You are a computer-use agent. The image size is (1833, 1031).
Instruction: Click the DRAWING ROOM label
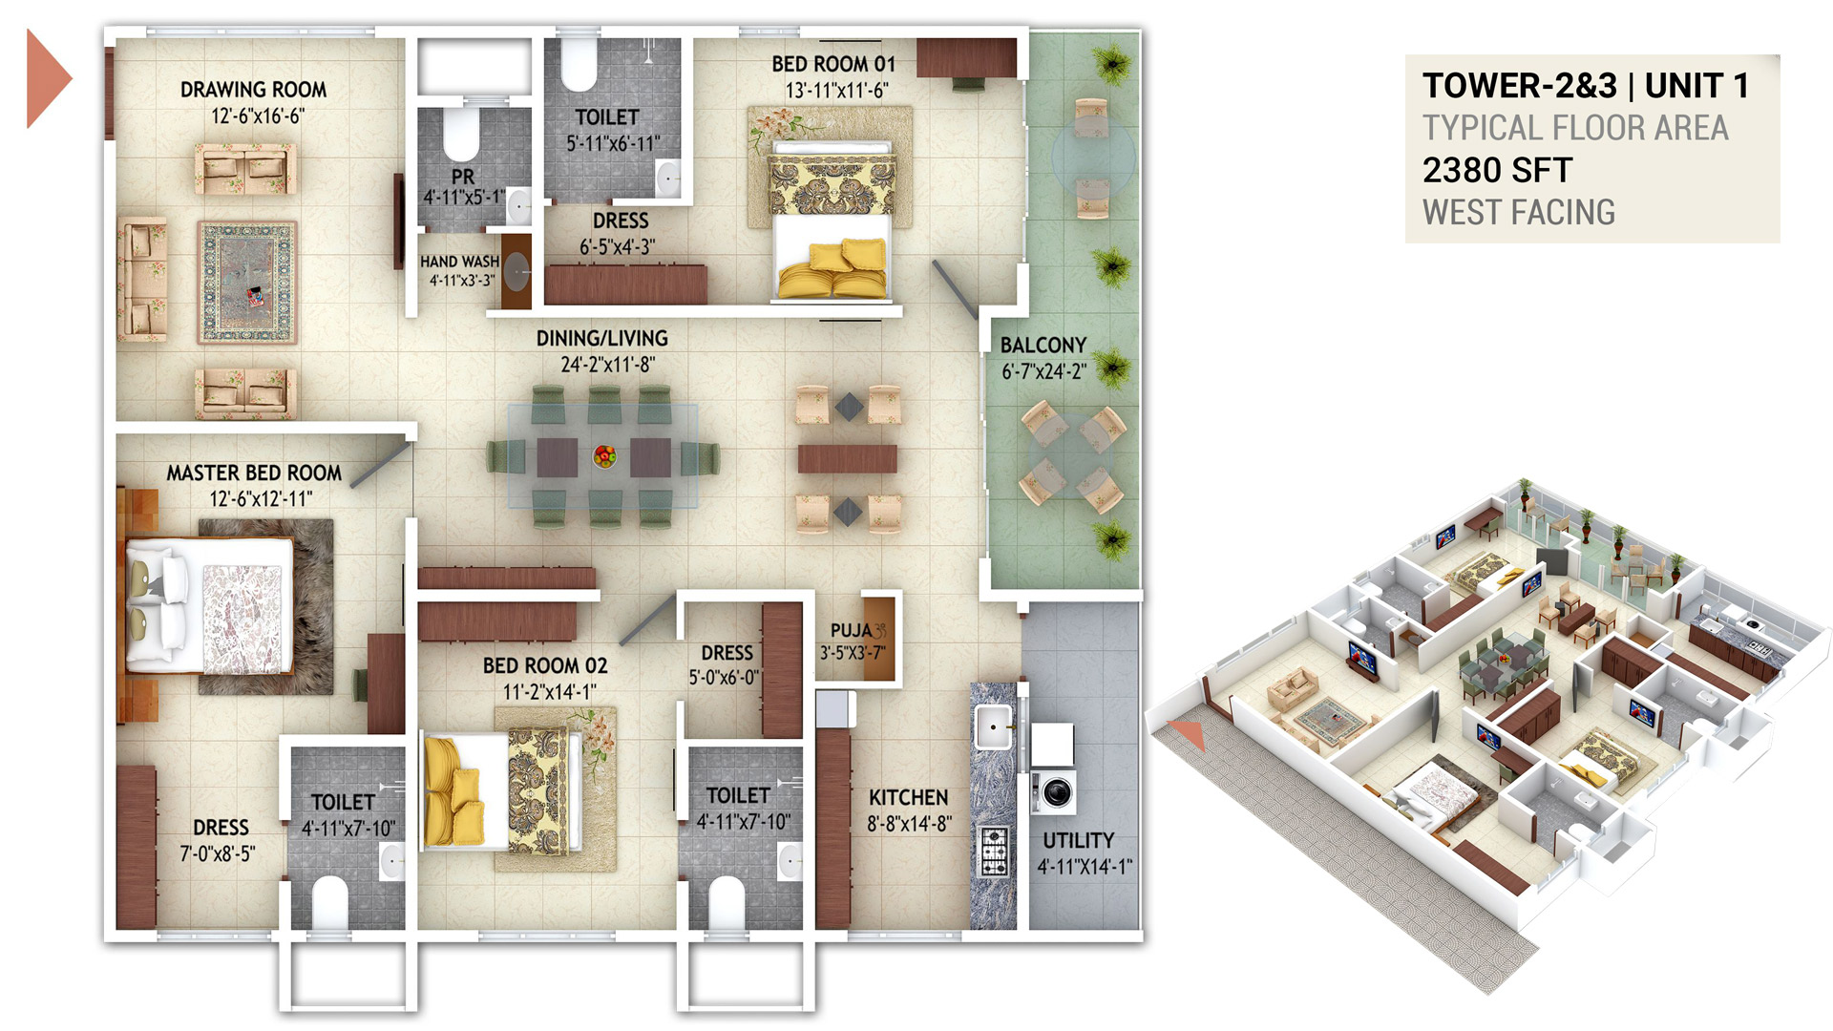pyautogui.click(x=253, y=90)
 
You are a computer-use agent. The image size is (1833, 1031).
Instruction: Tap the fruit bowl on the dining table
pyautogui.click(x=604, y=455)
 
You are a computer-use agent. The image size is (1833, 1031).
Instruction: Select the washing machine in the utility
pyautogui.click(x=1054, y=791)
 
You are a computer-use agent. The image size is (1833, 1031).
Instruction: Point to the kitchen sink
pyautogui.click(x=993, y=728)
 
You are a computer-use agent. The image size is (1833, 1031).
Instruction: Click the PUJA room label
pyautogui.click(x=852, y=630)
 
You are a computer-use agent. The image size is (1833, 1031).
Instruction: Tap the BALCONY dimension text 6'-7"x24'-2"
pyautogui.click(x=1043, y=371)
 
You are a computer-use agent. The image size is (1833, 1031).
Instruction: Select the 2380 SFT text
pyautogui.click(x=1497, y=171)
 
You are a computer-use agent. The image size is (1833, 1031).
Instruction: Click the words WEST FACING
pyautogui.click(x=1519, y=212)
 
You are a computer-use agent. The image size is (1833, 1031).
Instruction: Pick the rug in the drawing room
pyautogui.click(x=247, y=283)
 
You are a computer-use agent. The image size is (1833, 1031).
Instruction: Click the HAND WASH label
pyautogui.click(x=459, y=262)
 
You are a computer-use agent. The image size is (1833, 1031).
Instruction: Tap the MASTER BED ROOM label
pyautogui.click(x=254, y=473)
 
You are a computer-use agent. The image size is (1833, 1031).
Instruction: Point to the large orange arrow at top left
pyautogui.click(x=48, y=78)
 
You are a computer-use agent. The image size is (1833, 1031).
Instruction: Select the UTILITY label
pyautogui.click(x=1078, y=840)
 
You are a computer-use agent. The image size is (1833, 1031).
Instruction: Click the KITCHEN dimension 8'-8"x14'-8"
pyautogui.click(x=909, y=823)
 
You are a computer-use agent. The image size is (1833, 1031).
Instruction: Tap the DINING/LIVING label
pyautogui.click(x=602, y=338)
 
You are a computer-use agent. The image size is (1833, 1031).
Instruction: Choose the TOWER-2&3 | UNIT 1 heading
pyautogui.click(x=1586, y=86)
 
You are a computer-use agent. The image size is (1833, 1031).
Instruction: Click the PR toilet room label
pyautogui.click(x=463, y=177)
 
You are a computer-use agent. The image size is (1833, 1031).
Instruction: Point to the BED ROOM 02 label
pyautogui.click(x=545, y=665)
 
